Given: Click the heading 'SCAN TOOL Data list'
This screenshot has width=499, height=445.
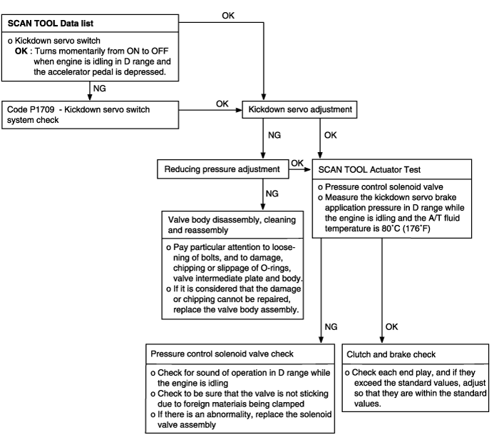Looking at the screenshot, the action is pos(51,24).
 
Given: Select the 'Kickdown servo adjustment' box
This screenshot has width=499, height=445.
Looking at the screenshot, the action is pos(299,110).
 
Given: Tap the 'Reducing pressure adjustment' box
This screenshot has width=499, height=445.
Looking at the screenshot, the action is pos(222,169).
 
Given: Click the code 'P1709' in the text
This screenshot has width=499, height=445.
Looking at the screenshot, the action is pos(42,110).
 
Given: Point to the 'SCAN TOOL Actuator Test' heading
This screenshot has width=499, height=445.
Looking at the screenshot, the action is pos(369,169).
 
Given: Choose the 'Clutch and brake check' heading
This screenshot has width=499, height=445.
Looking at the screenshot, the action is pos(391,354).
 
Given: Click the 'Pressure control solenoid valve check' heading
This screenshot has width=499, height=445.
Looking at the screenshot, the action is pos(222,354).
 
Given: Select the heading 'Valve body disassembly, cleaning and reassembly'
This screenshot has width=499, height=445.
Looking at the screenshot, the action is pos(232,225).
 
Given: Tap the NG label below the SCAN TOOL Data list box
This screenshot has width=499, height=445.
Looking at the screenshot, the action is pos(99,89).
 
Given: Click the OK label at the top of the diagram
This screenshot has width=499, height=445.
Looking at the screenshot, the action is pos(228,16).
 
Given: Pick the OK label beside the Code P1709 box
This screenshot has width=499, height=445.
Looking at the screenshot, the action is pos(222,104).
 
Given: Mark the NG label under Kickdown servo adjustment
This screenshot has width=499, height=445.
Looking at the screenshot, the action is pos(274,135).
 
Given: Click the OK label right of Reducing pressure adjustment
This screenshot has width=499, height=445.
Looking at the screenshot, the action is pos(297,163).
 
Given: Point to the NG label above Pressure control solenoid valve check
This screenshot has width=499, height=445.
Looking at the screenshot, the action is pos(331,326).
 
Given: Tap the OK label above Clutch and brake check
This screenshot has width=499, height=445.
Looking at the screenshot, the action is pos(391,326).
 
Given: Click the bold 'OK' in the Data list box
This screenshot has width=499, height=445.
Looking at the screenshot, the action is pos(21,51).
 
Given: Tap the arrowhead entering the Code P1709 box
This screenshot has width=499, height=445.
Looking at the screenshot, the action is pos(90,98).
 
